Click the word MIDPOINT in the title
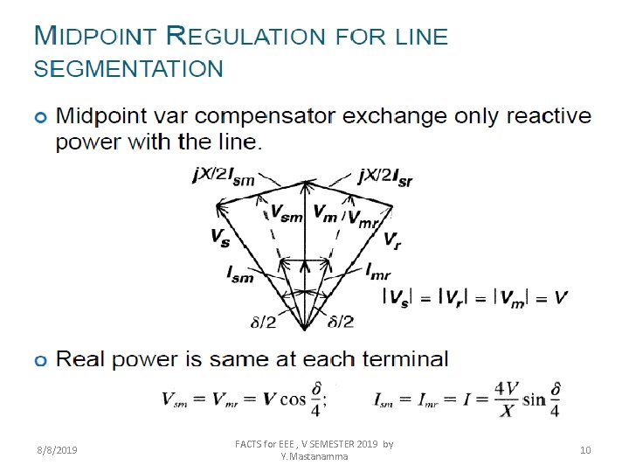95,37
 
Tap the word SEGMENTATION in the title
128,68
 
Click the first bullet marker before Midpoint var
39,117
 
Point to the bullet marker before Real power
39,359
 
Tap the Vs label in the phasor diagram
221,236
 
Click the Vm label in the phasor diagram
325,212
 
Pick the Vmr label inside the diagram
363,219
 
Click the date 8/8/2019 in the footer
57,450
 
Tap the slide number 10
585,450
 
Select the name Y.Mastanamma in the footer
314,456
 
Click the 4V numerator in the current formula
507,387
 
